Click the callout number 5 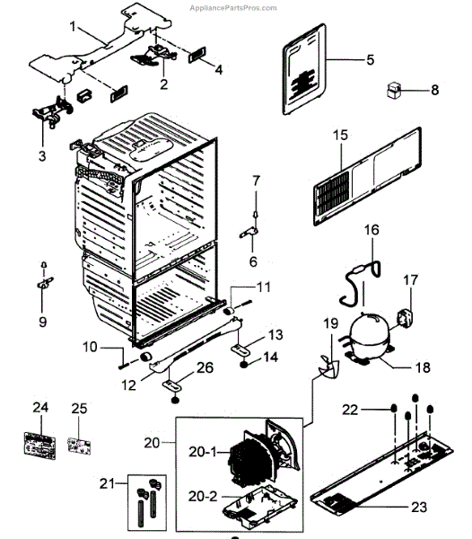[370, 60]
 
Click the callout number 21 [108, 484]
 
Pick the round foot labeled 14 [244, 363]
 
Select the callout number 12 [130, 384]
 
